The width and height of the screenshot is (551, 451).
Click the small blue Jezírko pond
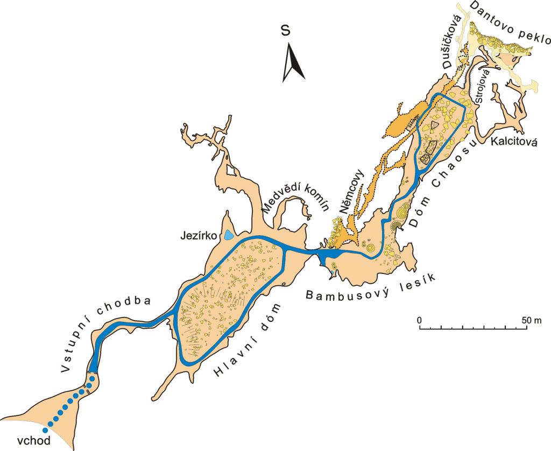[x=230, y=235]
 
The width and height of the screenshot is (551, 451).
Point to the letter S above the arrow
[x=286, y=31]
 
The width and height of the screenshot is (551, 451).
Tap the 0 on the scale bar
[x=419, y=320]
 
